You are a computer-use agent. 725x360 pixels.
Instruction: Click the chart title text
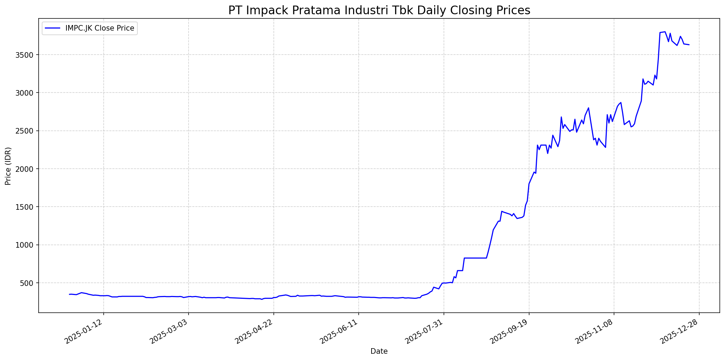(x=379, y=10)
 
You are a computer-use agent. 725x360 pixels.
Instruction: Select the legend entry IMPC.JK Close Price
(x=99, y=28)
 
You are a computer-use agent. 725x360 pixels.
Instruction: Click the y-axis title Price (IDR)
(x=8, y=166)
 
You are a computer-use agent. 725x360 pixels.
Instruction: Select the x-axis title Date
(x=379, y=351)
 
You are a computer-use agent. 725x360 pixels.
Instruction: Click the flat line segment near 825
(x=475, y=258)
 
